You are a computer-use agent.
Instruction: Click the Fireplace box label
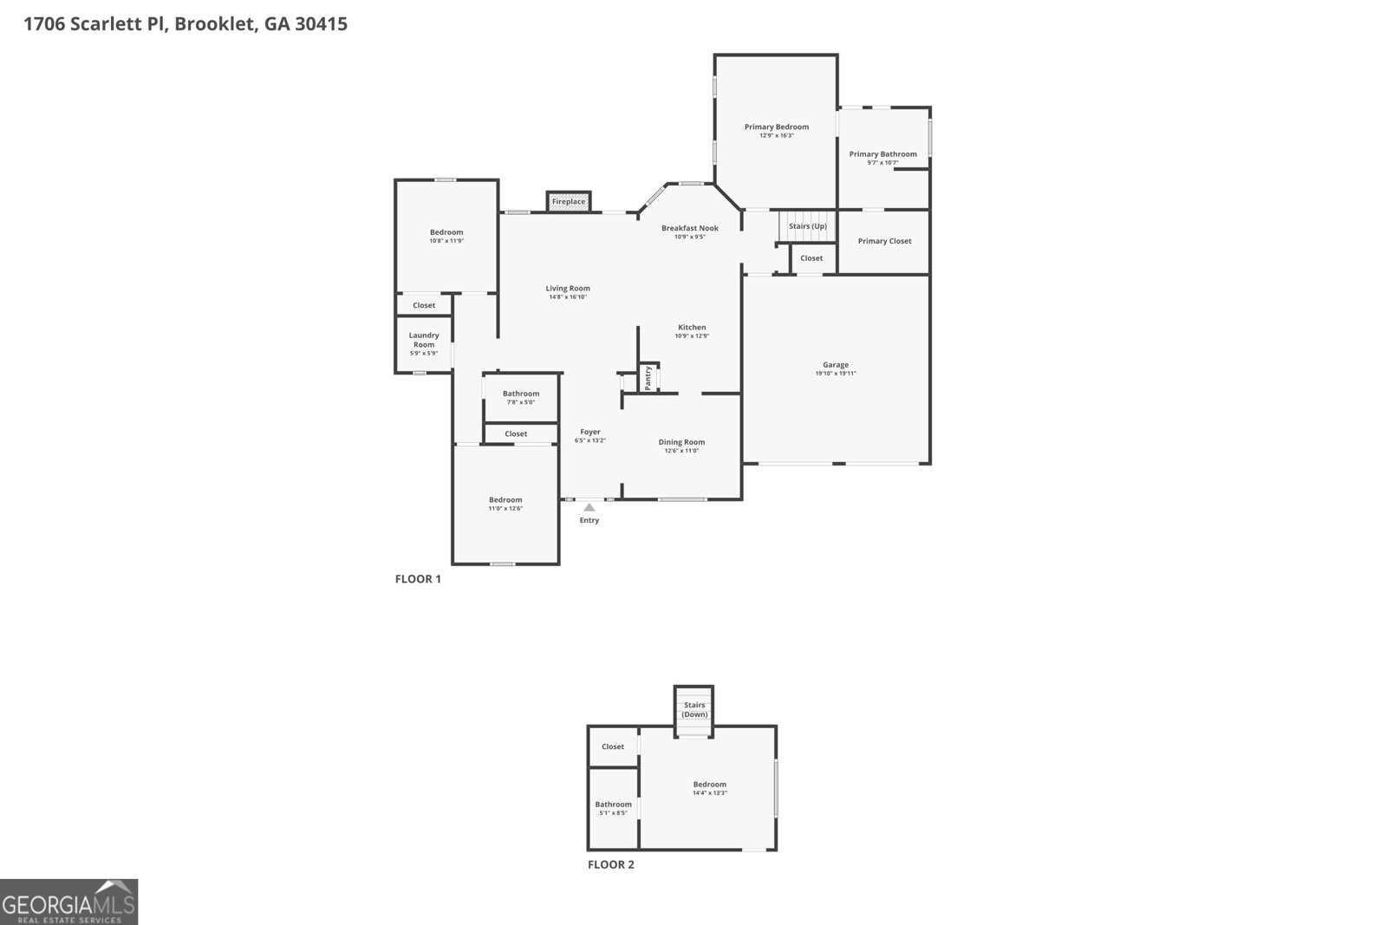tap(569, 202)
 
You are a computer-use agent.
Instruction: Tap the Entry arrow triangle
tap(589, 508)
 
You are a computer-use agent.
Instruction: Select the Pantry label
tap(648, 378)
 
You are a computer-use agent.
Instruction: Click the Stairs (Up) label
tap(808, 226)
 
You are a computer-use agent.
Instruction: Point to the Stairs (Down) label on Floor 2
tap(694, 710)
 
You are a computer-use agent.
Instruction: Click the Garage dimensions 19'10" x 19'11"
tap(836, 374)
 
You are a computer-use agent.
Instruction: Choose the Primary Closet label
tap(884, 241)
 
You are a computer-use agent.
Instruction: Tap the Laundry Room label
tap(424, 340)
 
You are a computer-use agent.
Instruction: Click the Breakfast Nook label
tap(690, 228)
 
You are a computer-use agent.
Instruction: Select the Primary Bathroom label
tap(882, 154)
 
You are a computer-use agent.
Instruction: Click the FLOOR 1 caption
tap(418, 579)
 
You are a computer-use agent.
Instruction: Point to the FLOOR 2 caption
tap(611, 864)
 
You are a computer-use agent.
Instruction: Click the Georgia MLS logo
tap(68, 902)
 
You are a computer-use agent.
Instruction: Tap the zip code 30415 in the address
tap(321, 24)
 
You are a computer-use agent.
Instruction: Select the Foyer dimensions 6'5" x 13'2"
tap(590, 440)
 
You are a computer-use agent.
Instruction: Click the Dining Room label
tap(681, 442)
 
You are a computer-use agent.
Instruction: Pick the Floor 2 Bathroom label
tap(613, 804)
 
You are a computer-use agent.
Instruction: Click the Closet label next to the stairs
tap(811, 258)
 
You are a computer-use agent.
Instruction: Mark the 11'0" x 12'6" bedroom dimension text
tap(505, 509)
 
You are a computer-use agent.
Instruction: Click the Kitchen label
tap(692, 328)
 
